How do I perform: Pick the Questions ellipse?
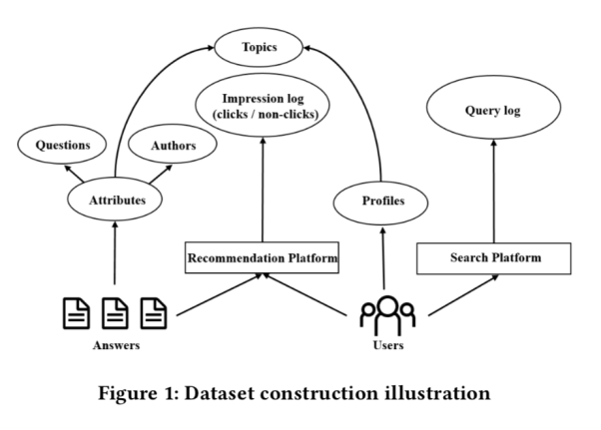click(63, 146)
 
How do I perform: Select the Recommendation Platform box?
click(262, 258)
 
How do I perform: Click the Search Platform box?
click(494, 258)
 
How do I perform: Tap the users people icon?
click(386, 315)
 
